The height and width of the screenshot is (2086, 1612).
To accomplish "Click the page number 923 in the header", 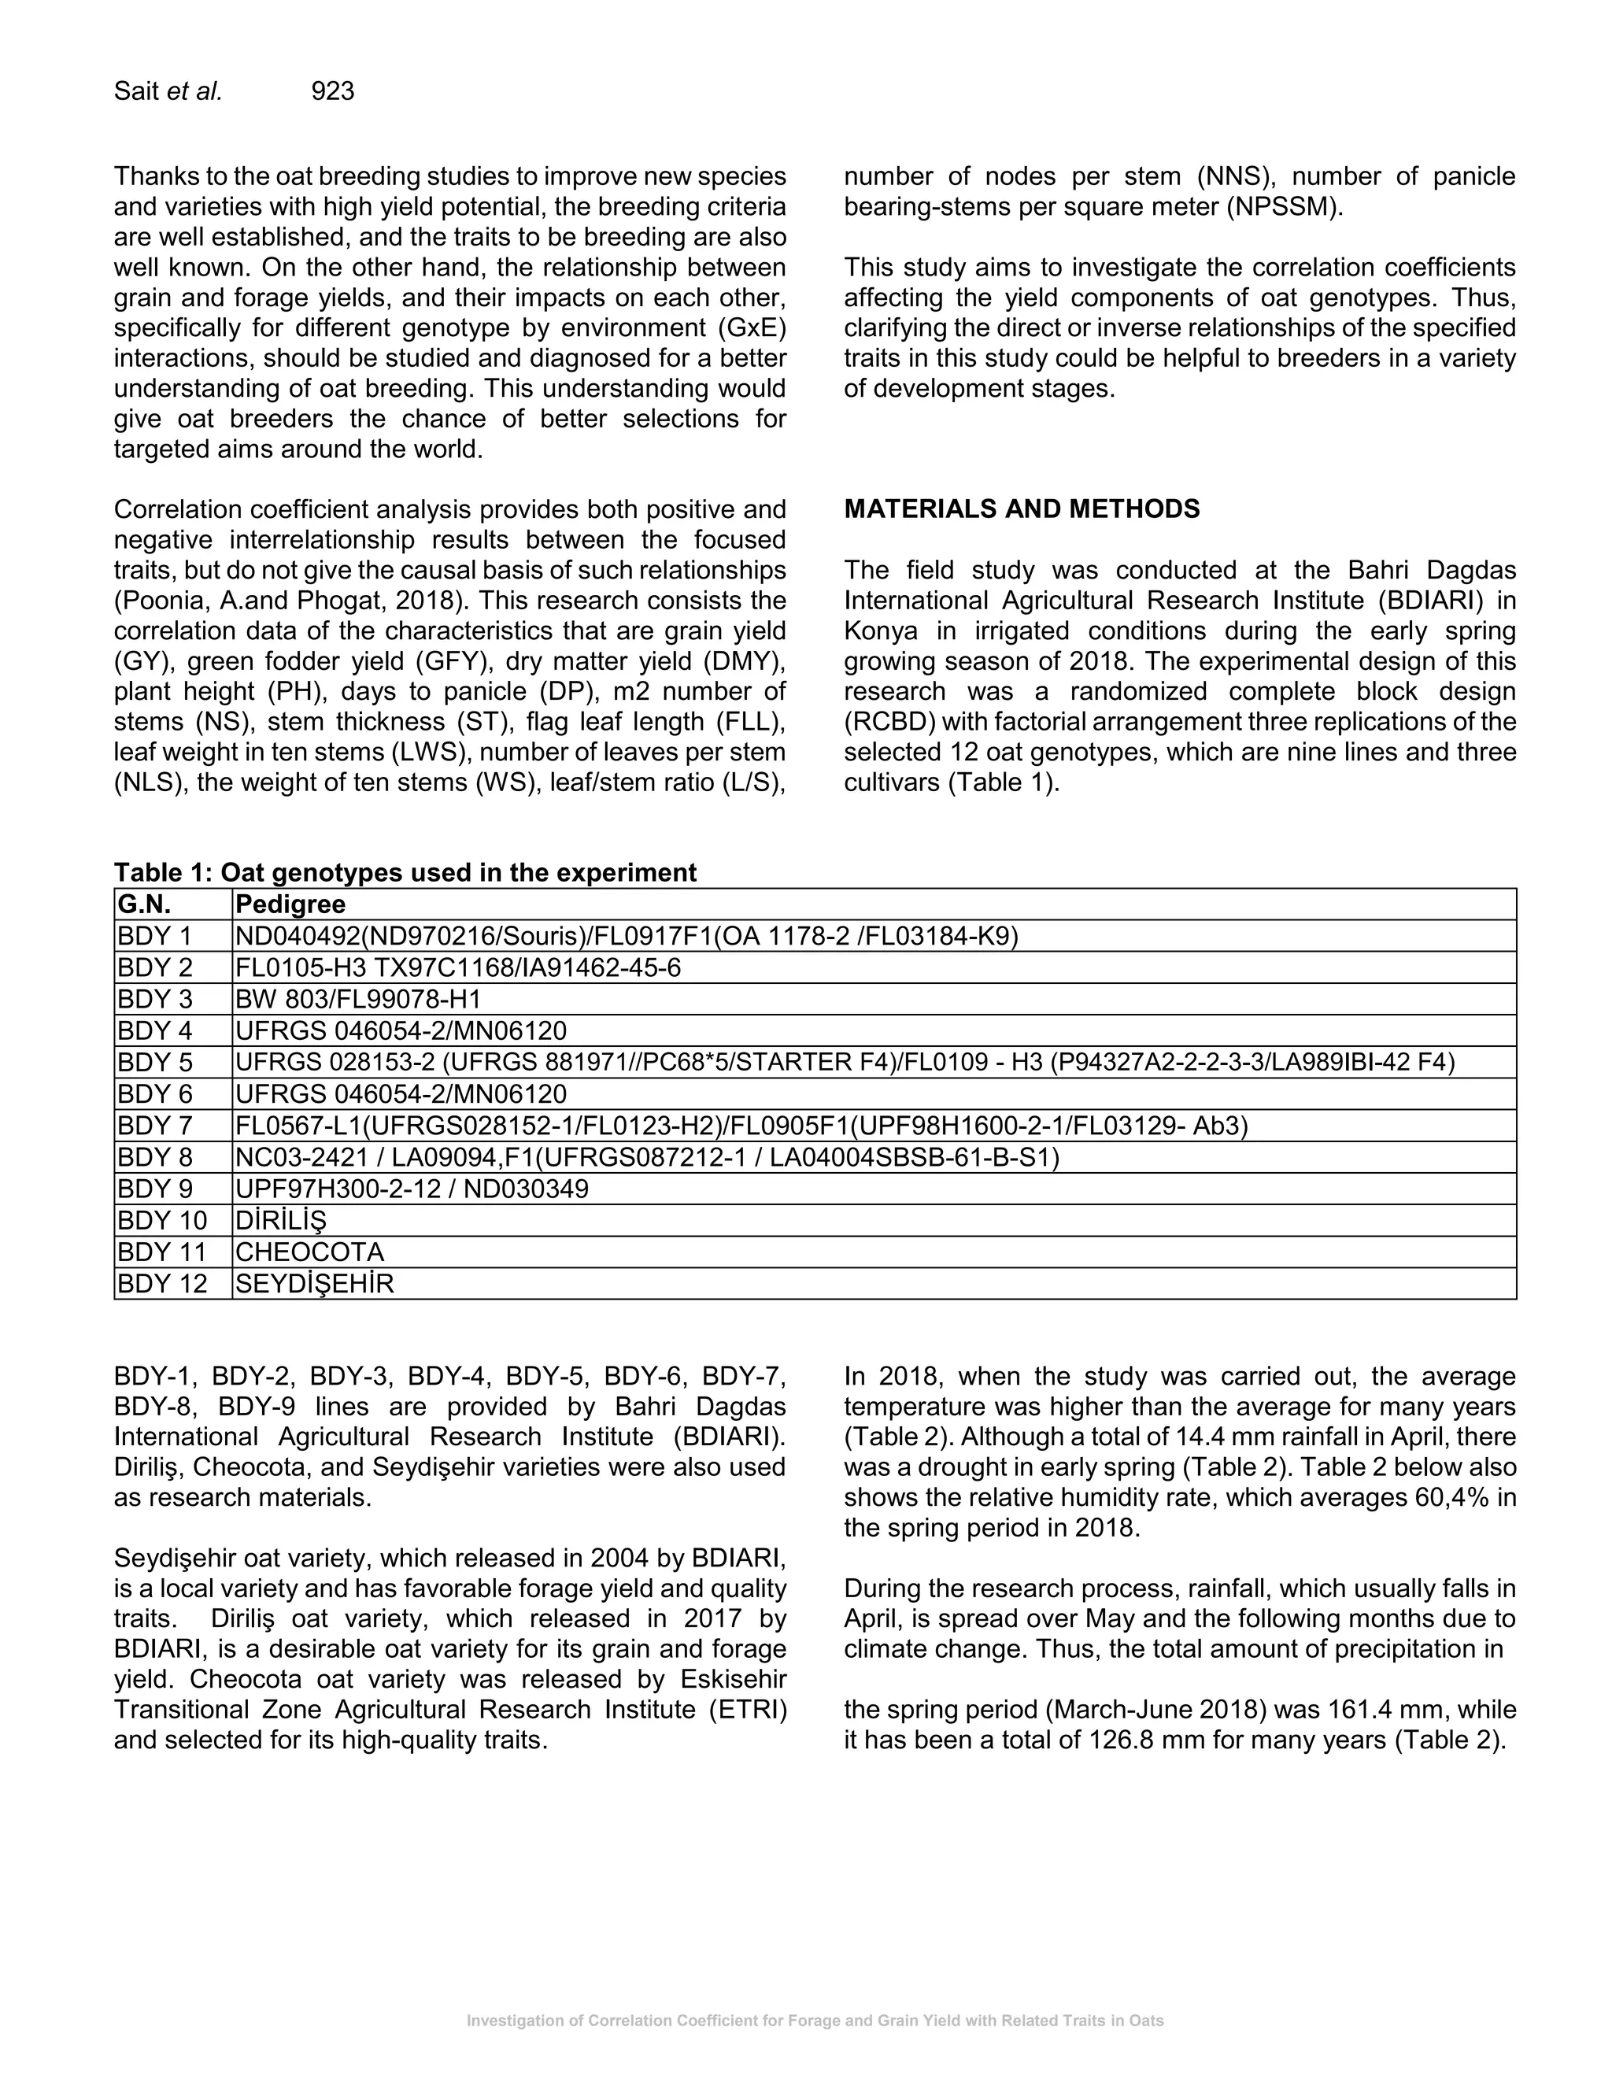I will coord(332,91).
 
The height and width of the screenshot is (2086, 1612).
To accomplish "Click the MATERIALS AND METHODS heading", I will coord(1021,509).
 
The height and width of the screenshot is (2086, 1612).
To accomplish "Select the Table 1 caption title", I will coord(405,872).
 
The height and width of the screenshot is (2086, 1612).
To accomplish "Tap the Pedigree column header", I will coord(290,904).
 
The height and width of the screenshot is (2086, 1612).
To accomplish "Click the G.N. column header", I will coord(144,904).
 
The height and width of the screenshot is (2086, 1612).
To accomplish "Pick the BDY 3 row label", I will coord(155,999).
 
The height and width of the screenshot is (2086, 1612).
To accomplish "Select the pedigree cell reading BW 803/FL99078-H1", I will coord(358,999).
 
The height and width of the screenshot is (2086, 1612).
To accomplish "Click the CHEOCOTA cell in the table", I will coord(309,1252).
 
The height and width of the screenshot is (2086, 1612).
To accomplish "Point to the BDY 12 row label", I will coord(161,1284).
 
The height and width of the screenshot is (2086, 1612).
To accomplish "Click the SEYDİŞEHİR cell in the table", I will coord(314,1284).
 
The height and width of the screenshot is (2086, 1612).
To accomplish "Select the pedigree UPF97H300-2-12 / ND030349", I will coord(412,1189).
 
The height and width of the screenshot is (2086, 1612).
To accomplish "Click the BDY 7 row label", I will coord(155,1126).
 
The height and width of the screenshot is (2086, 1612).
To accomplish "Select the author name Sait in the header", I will coord(136,91).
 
